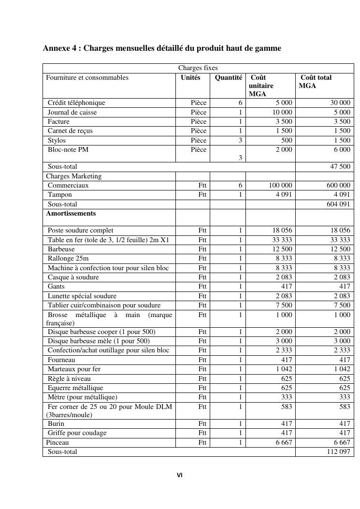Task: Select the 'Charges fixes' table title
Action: pyautogui.click(x=198, y=68)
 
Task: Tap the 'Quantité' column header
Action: pyautogui.click(x=228, y=77)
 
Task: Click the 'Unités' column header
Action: pyautogui.click(x=190, y=77)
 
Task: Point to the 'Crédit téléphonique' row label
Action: pyautogui.click(x=76, y=103)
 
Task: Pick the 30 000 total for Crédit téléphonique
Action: pyautogui.click(x=340, y=103)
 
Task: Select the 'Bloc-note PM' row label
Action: pyautogui.click(x=68, y=150)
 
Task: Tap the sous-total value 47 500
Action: pyautogui.click(x=340, y=167)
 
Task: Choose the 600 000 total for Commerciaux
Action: pyautogui.click(x=338, y=186)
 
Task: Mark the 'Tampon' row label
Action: pyautogui.click(x=60, y=195)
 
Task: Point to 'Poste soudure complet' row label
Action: pyautogui.click(x=81, y=231)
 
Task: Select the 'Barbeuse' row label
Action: pyautogui.click(x=61, y=249)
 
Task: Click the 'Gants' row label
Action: pyautogui.click(x=57, y=287)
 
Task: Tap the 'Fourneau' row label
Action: pyautogui.click(x=61, y=360)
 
